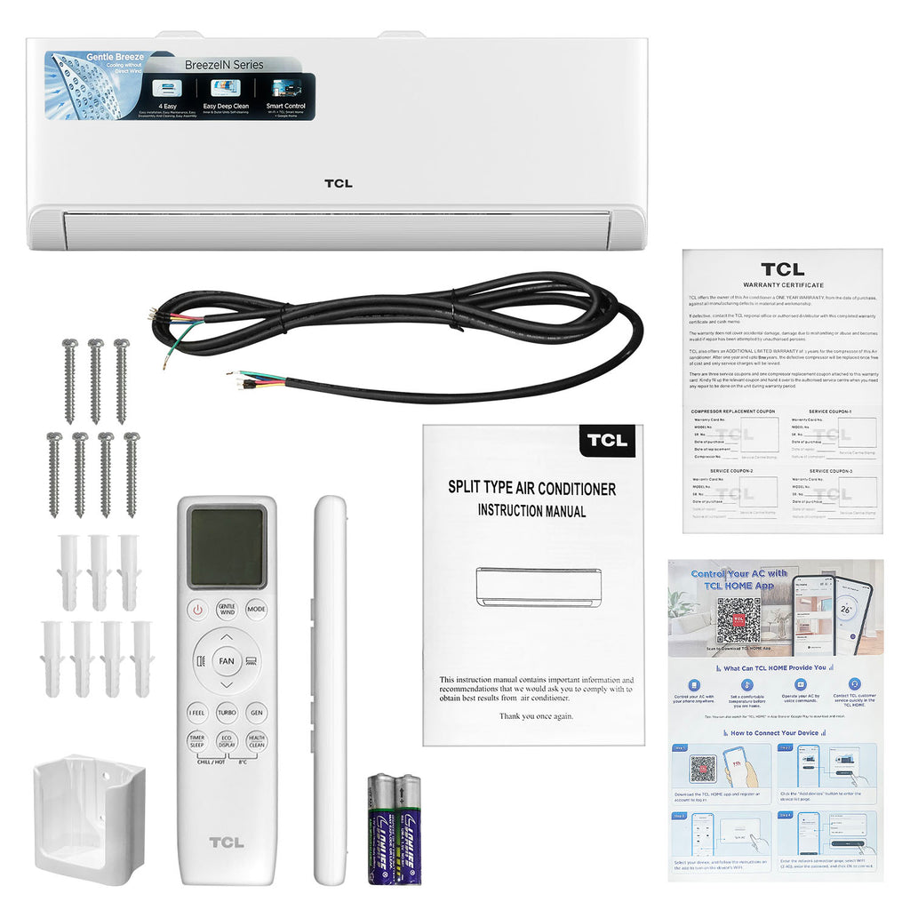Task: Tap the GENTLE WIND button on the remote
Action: pyautogui.click(x=227, y=611)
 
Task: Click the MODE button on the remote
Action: pyautogui.click(x=257, y=611)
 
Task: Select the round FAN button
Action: pyautogui.click(x=227, y=661)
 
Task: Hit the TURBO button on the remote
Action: pyautogui.click(x=227, y=713)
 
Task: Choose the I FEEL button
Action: pyautogui.click(x=196, y=713)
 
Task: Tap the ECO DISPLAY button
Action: pyautogui.click(x=227, y=741)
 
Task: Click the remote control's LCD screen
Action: pyautogui.click(x=227, y=547)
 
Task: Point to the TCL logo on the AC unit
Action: pyautogui.click(x=338, y=184)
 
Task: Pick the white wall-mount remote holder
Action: pyautogui.click(x=76, y=818)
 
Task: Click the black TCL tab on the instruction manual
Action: pyautogui.click(x=606, y=440)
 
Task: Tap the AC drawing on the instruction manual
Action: pyautogui.click(x=537, y=587)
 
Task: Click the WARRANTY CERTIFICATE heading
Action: pyautogui.click(x=782, y=284)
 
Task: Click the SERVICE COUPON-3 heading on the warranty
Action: pyautogui.click(x=830, y=471)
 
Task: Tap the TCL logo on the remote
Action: pyautogui.click(x=227, y=842)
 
